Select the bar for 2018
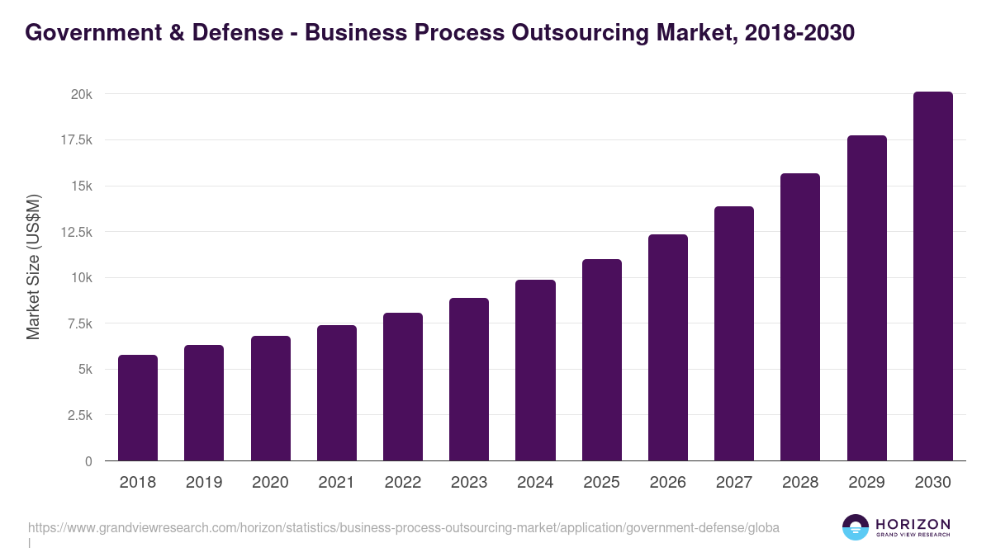pos(138,408)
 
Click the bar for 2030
pos(932,276)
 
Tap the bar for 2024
pos(535,371)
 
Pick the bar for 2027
pos(734,333)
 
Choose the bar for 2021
pos(337,393)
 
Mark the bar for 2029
pos(866,298)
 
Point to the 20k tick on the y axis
pos(81,95)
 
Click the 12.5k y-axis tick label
pos(75,232)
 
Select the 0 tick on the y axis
pos(88,461)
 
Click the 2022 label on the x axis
pos(403,483)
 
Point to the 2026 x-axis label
pos(667,483)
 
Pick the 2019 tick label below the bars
pos(204,483)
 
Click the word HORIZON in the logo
pos(913,524)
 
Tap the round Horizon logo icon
pos(856,527)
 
